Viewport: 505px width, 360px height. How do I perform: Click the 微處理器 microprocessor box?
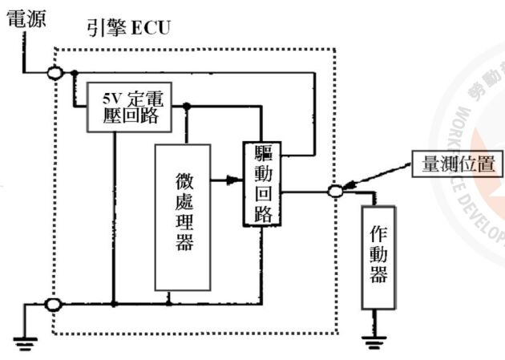(184, 216)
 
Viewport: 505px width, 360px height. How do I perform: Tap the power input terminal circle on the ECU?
(55, 72)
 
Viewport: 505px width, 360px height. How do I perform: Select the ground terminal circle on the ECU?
(53, 305)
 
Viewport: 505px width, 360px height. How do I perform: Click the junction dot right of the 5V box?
(186, 106)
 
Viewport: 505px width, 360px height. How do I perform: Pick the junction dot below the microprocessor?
(168, 305)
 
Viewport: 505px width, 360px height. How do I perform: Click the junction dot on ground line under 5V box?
(115, 305)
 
